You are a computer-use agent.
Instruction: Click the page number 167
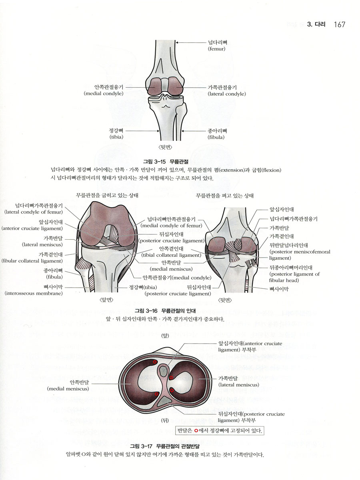click(340, 24)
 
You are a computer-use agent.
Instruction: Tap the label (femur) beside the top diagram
click(216, 49)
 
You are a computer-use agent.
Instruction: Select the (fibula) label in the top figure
click(216, 137)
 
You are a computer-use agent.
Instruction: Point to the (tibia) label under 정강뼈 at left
click(116, 137)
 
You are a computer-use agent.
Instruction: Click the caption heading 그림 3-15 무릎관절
click(166, 162)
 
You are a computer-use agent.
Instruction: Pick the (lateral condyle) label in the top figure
click(227, 94)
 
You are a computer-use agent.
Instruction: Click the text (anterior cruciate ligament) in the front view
click(32, 228)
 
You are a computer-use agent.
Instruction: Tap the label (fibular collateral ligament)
click(32, 261)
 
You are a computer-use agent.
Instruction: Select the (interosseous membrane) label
click(34, 293)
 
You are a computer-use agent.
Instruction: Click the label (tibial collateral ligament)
click(171, 255)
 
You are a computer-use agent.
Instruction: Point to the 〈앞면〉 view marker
click(106, 300)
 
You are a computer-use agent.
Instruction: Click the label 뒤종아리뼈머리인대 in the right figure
click(291, 268)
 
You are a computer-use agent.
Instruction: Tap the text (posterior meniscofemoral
click(300, 252)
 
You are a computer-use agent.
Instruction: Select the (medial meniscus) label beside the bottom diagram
click(68, 388)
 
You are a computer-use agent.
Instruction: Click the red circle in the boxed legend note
click(196, 430)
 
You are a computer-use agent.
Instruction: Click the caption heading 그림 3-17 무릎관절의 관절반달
click(164, 446)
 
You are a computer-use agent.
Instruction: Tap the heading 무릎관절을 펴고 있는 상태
click(224, 196)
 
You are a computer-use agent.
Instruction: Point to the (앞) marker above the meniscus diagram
click(165, 336)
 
